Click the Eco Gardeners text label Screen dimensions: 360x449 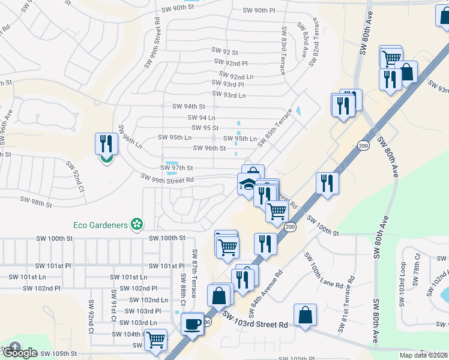click(x=100, y=225)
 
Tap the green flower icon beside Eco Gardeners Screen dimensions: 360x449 click(x=137, y=224)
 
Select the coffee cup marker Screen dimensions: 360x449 click(x=192, y=324)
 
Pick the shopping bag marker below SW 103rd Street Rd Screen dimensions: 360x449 click(x=305, y=315)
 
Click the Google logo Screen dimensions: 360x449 click(x=19, y=352)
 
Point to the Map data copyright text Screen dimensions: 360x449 click(x=424, y=355)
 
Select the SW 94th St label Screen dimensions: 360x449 click(x=188, y=106)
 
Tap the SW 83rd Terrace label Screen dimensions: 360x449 click(x=282, y=50)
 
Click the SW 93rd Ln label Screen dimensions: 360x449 click(x=229, y=95)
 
